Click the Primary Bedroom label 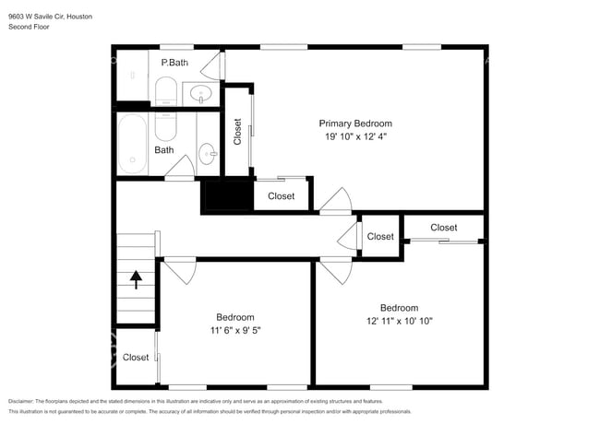[355, 124]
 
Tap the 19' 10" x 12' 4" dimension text [356, 136]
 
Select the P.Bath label [174, 63]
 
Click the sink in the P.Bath [201, 94]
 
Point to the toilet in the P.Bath [166, 91]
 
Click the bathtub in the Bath [132, 144]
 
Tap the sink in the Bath [208, 154]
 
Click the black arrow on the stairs [136, 279]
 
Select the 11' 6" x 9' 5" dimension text [235, 330]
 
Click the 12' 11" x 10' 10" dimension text [399, 321]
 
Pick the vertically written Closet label [237, 132]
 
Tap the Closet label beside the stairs [136, 357]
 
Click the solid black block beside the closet [227, 194]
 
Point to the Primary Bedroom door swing [336, 199]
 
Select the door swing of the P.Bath [212, 65]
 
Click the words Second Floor [29, 27]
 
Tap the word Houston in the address [79, 17]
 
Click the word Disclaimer [21, 401]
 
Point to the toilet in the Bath [165, 126]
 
